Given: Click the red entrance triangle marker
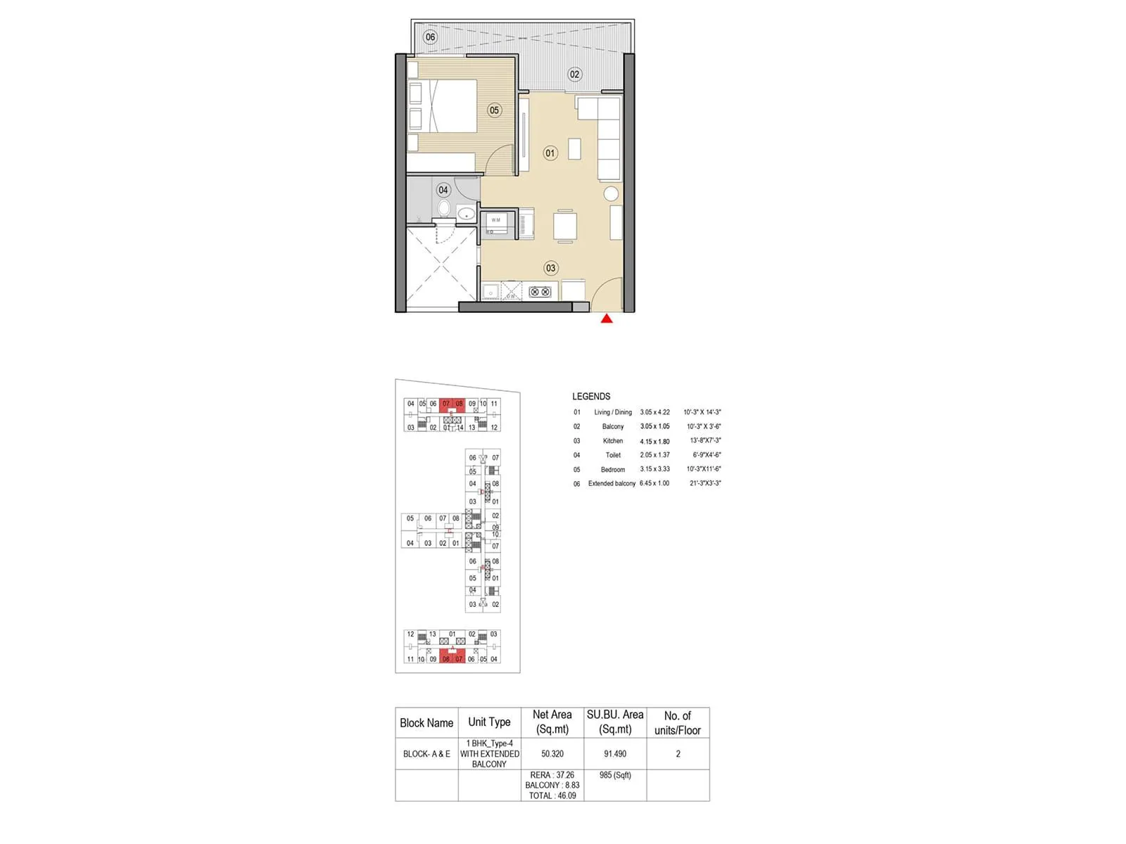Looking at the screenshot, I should point(607,319).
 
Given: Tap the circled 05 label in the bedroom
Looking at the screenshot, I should point(494,110).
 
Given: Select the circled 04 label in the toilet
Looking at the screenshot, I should point(443,190).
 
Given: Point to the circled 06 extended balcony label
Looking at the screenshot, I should point(430,37).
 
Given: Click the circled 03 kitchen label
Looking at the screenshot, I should point(550,268).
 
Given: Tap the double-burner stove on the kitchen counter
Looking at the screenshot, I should point(540,291).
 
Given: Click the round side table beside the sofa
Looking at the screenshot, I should point(611,194).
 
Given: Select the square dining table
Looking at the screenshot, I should point(565,226).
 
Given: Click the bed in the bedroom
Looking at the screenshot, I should point(450,105).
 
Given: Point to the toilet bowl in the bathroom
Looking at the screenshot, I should point(444,208).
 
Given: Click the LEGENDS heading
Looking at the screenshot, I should point(591,397).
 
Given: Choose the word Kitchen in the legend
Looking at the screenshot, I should point(613,441).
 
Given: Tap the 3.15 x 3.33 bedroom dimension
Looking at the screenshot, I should point(654,469).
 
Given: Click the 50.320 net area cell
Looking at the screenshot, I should point(552,754).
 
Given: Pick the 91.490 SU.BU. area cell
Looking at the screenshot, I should point(615,754).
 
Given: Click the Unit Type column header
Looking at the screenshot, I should point(489,722).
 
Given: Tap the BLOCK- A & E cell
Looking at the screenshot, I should point(426,754).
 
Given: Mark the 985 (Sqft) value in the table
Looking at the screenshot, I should point(615,775).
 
